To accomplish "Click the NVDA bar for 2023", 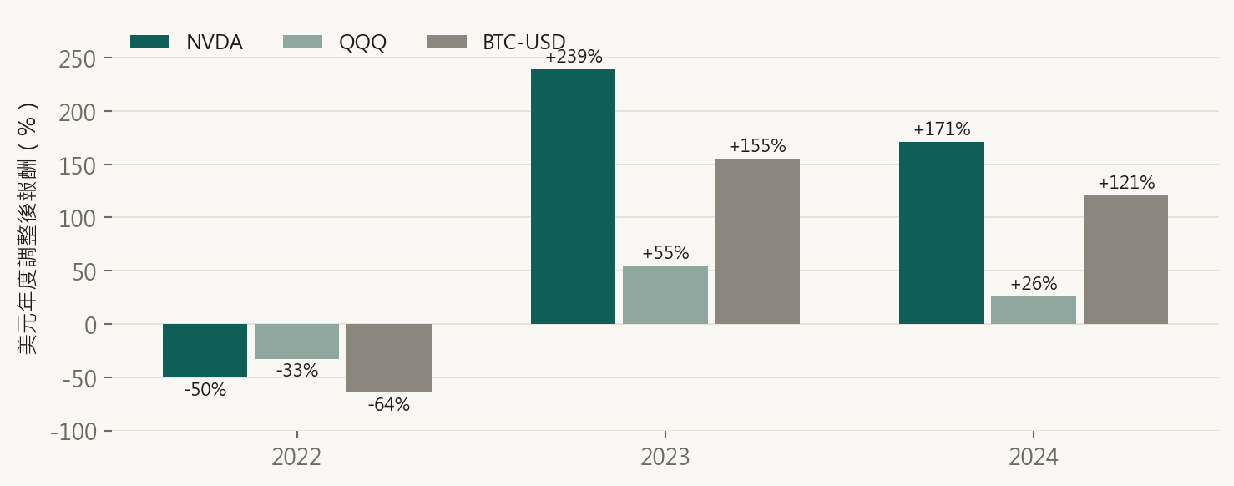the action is click(x=573, y=197).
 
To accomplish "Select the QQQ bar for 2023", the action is click(x=665, y=295).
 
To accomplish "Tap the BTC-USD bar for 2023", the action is click(x=757, y=241).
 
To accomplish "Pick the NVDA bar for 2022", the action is click(x=205, y=351).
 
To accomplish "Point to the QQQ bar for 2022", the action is click(x=297, y=342).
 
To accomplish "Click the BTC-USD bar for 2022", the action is click(x=389, y=358).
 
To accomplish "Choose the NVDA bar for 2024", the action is click(x=942, y=233).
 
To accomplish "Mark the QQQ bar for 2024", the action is click(x=1034, y=311).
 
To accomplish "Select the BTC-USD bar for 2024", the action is click(x=1125, y=260).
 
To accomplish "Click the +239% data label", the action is click(x=574, y=57).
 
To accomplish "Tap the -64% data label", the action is click(x=389, y=405).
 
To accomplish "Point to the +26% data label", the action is click(x=1034, y=284).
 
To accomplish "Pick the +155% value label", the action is click(x=757, y=146).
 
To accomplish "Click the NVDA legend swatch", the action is click(x=149, y=42).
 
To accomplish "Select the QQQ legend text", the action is click(x=362, y=43).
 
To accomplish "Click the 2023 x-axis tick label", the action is click(x=665, y=458).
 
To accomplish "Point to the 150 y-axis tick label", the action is click(x=77, y=165).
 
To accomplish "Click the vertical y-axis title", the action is click(x=27, y=229).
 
